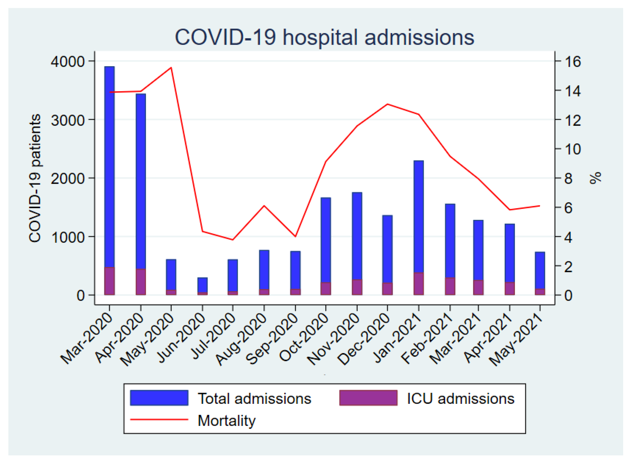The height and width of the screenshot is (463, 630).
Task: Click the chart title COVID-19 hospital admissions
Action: pos(324,37)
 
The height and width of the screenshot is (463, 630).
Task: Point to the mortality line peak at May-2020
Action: pos(171,68)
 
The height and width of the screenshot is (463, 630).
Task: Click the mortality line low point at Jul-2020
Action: pos(233,240)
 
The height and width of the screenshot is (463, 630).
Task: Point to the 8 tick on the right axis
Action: pos(568,179)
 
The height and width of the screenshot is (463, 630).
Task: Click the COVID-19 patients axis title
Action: pos(35,178)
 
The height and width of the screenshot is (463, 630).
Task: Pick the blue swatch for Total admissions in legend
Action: pos(159,398)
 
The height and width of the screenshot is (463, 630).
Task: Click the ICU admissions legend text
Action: pos(460,398)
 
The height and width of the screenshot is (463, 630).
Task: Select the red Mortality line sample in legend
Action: pos(159,420)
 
